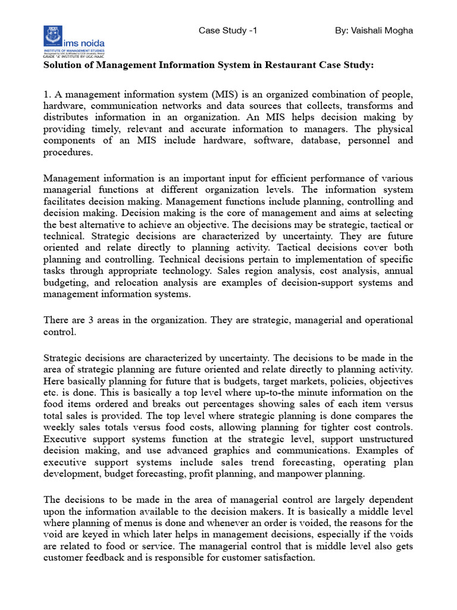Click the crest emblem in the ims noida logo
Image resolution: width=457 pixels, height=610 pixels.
(x=53, y=36)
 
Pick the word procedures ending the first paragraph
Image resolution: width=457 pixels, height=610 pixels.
(x=68, y=152)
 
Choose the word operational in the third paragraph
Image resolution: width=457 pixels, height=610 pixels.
(x=388, y=320)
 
